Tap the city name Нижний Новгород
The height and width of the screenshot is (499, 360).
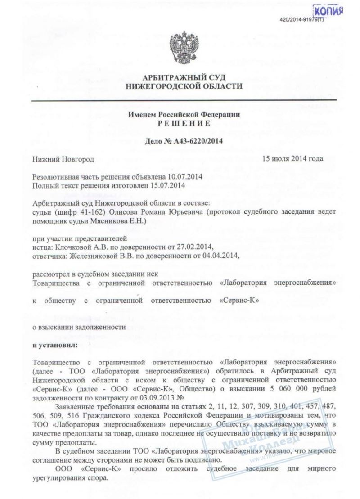(63, 159)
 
